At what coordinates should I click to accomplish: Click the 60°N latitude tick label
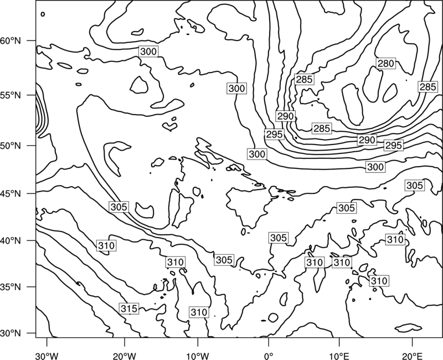[11, 41]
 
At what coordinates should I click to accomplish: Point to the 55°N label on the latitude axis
[11, 95]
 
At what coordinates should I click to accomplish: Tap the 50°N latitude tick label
[11, 146]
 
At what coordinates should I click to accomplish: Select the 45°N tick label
[11, 193]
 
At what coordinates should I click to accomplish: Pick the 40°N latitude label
[11, 241]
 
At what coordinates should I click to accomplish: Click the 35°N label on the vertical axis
[11, 287]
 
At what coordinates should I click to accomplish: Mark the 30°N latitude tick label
[11, 333]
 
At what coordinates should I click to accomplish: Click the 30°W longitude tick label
[47, 356]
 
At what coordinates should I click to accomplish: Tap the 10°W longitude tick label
[198, 356]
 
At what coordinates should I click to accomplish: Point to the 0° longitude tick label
[269, 356]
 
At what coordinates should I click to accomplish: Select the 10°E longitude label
[339, 356]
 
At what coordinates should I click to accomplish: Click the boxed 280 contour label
[385, 63]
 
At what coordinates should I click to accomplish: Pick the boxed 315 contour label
[129, 308]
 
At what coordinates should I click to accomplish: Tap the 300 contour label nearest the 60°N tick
[148, 52]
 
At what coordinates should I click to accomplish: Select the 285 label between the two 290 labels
[322, 128]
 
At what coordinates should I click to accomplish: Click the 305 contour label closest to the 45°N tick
[119, 207]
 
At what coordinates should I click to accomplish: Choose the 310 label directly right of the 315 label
[199, 312]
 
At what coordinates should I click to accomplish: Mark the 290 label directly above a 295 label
[286, 116]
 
